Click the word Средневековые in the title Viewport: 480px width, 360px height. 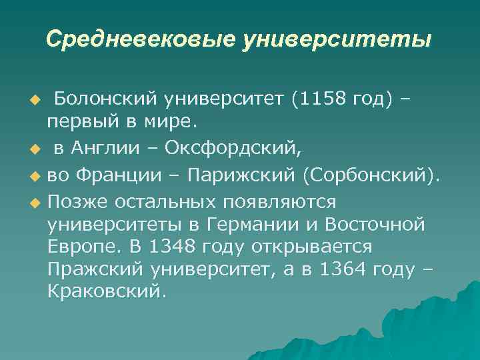coord(139,39)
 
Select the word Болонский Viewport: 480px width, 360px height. coord(105,99)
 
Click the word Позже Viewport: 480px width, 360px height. coord(77,201)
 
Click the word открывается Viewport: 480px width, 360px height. coord(312,247)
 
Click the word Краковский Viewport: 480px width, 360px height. coord(105,292)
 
